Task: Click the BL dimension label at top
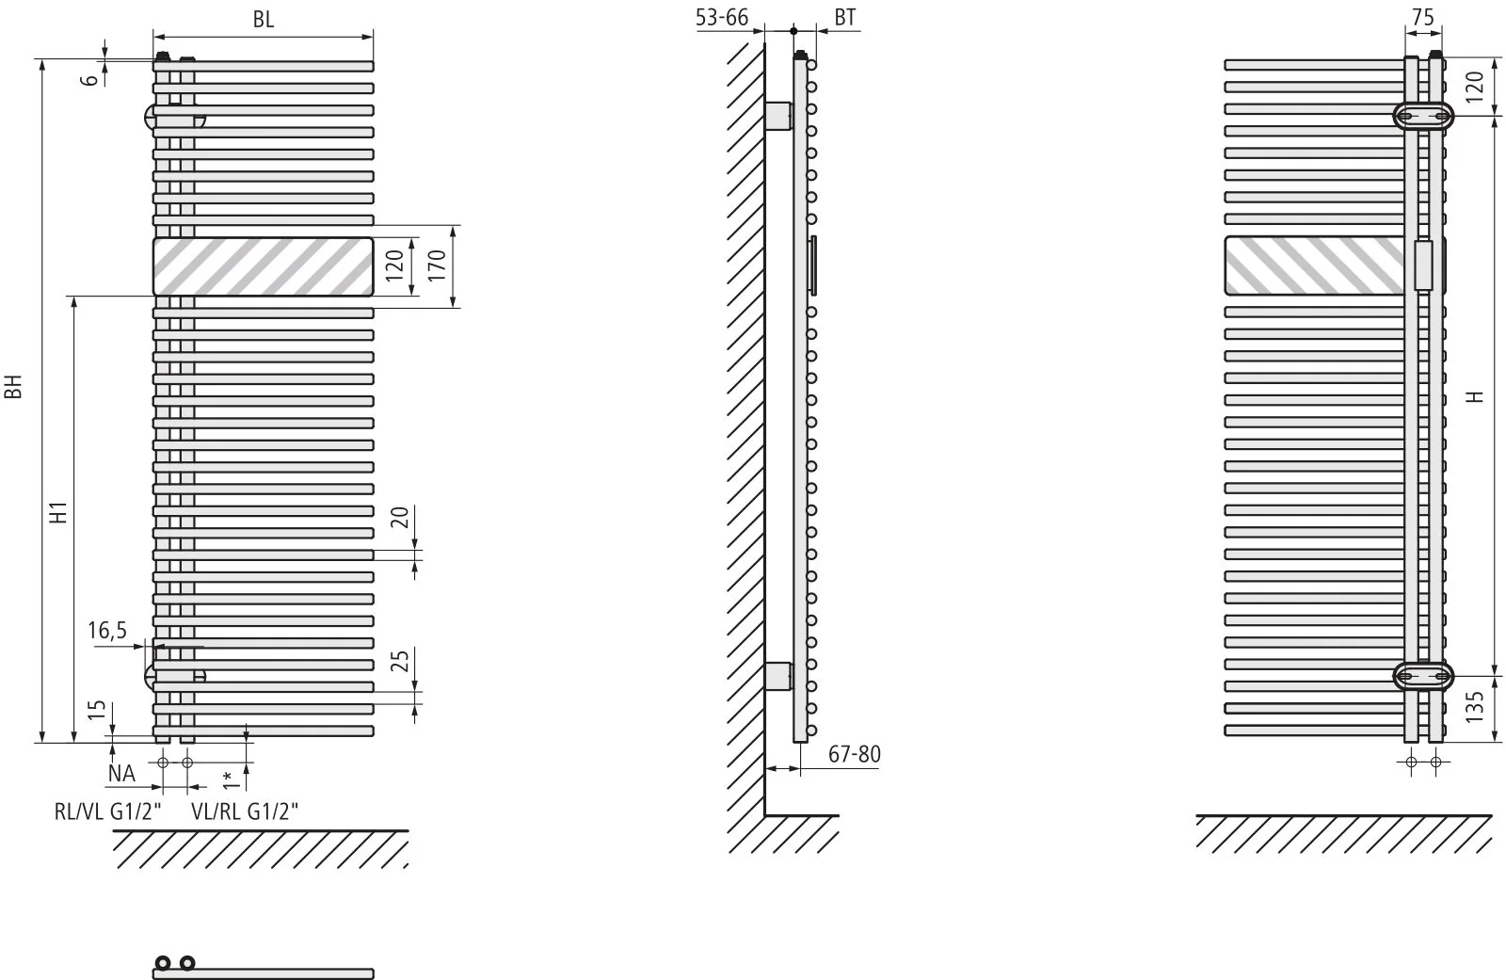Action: (264, 20)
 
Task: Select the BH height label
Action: (13, 387)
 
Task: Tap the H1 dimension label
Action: (59, 512)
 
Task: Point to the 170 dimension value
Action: (437, 265)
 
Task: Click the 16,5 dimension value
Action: (107, 630)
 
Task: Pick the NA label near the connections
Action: (121, 774)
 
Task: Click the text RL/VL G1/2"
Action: (108, 811)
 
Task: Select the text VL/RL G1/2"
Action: (245, 811)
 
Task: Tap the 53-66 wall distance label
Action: (722, 18)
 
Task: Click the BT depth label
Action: (845, 18)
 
